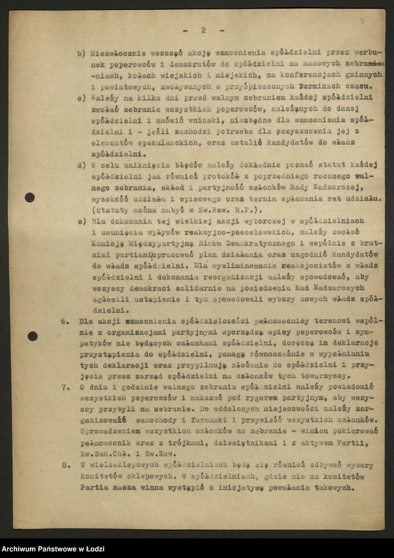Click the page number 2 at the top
point(203,30)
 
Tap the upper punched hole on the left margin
point(30,197)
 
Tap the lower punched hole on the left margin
point(32,336)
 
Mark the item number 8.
point(65,466)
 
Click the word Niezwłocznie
point(117,54)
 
